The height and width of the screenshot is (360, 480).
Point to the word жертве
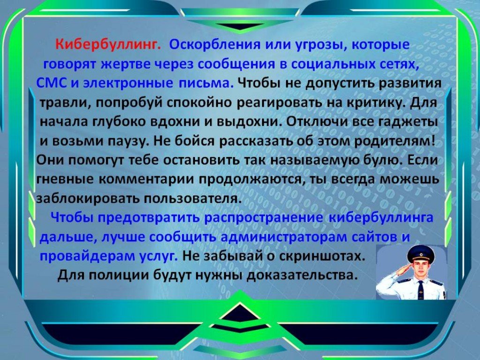click(x=125, y=65)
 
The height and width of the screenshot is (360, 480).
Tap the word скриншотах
click(x=323, y=256)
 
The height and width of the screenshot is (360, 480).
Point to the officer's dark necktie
click(x=421, y=290)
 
